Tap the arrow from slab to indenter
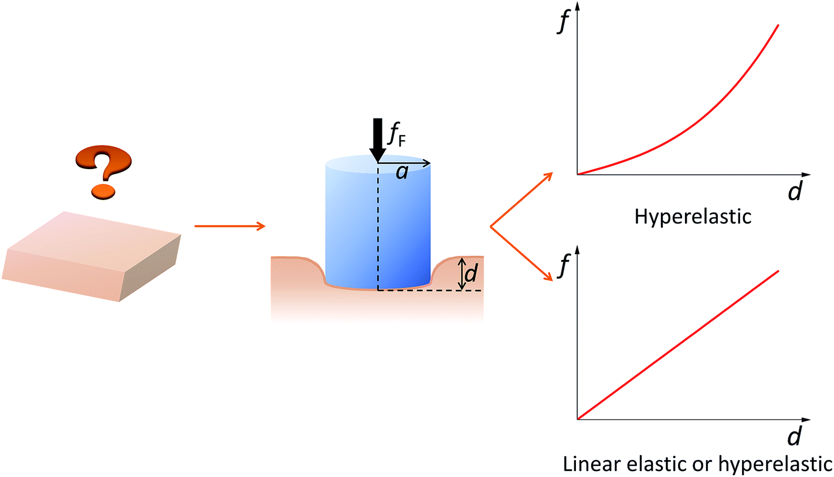229,226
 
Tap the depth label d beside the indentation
470,274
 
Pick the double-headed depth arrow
462,273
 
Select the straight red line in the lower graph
678,345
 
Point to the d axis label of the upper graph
795,192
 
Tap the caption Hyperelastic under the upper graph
693,218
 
